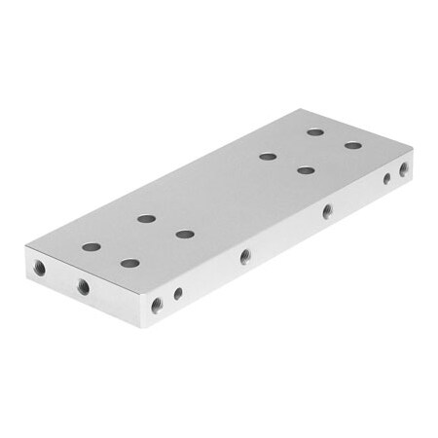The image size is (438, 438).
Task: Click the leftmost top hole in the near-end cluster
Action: (x=91, y=247)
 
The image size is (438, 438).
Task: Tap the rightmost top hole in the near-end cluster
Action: (x=185, y=234)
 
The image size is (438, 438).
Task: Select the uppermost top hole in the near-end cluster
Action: (x=146, y=218)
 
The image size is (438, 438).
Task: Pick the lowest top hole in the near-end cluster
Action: (x=129, y=263)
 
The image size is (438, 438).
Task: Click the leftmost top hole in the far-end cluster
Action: (x=267, y=156)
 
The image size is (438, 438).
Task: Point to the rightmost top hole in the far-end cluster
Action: (x=352, y=146)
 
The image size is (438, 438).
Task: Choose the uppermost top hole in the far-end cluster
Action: (x=315, y=132)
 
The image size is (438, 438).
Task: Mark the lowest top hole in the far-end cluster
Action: (x=306, y=170)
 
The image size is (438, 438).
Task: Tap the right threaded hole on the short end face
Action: (x=84, y=286)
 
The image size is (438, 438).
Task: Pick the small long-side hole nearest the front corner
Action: (x=178, y=293)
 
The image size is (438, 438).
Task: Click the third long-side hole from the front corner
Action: (x=245, y=257)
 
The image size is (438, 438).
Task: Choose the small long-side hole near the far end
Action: (x=386, y=178)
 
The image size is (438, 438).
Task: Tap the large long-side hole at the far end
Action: (x=403, y=168)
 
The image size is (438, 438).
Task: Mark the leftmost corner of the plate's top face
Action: (x=26, y=250)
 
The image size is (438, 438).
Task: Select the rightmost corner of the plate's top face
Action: (x=413, y=148)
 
